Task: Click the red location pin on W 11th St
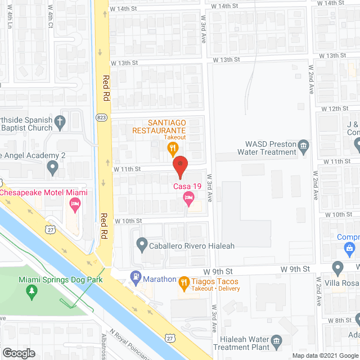(179, 165)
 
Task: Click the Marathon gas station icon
(136, 277)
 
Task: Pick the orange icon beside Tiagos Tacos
(184, 282)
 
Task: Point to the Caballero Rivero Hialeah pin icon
(141, 245)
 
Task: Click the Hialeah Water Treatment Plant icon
(276, 341)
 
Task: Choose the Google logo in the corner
(19, 353)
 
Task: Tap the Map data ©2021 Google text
(325, 355)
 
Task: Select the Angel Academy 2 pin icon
(52, 166)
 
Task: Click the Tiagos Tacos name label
(216, 281)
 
